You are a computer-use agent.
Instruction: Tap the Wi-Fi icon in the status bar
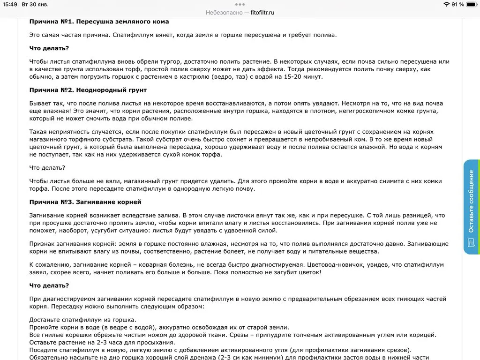coord(446,4)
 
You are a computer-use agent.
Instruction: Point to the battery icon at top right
coord(471,4)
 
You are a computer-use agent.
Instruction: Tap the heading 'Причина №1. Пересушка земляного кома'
coord(99,22)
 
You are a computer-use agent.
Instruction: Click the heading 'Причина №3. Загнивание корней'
coord(85,202)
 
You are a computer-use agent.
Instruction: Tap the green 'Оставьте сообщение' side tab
coord(472,207)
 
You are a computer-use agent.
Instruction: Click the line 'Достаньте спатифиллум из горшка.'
coord(82,320)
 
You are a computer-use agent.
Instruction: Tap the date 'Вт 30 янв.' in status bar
coord(35,4)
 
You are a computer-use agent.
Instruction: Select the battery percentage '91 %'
coord(457,4)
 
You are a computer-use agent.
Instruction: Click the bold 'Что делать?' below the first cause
coord(49,48)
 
